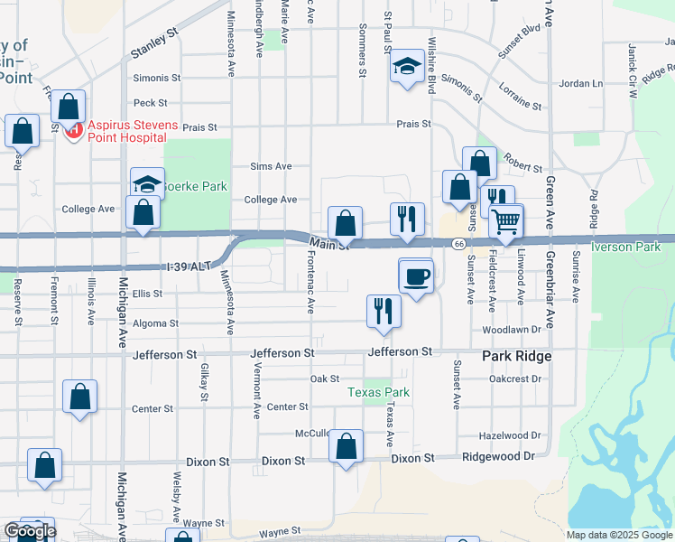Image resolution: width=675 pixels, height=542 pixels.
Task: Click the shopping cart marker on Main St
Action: tap(506, 219)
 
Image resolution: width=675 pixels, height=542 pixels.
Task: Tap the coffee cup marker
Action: tap(416, 276)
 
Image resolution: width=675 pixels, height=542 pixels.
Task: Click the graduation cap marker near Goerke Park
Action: tap(147, 184)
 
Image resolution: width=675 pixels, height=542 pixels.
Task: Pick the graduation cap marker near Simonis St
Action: tap(407, 66)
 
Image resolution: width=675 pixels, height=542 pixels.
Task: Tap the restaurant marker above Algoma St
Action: tap(384, 310)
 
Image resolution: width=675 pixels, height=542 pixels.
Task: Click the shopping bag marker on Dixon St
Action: tap(346, 445)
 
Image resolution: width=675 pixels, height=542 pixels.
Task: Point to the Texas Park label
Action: tap(379, 392)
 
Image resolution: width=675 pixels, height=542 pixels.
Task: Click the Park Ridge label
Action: tap(516, 356)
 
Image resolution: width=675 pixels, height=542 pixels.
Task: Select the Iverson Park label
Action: tap(625, 247)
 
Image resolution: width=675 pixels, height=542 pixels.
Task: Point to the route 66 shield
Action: tap(459, 244)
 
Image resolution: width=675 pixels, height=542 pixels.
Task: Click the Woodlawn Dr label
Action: tap(511, 331)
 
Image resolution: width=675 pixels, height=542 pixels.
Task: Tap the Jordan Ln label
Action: tap(580, 83)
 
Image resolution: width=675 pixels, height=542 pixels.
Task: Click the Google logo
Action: tap(30, 531)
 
